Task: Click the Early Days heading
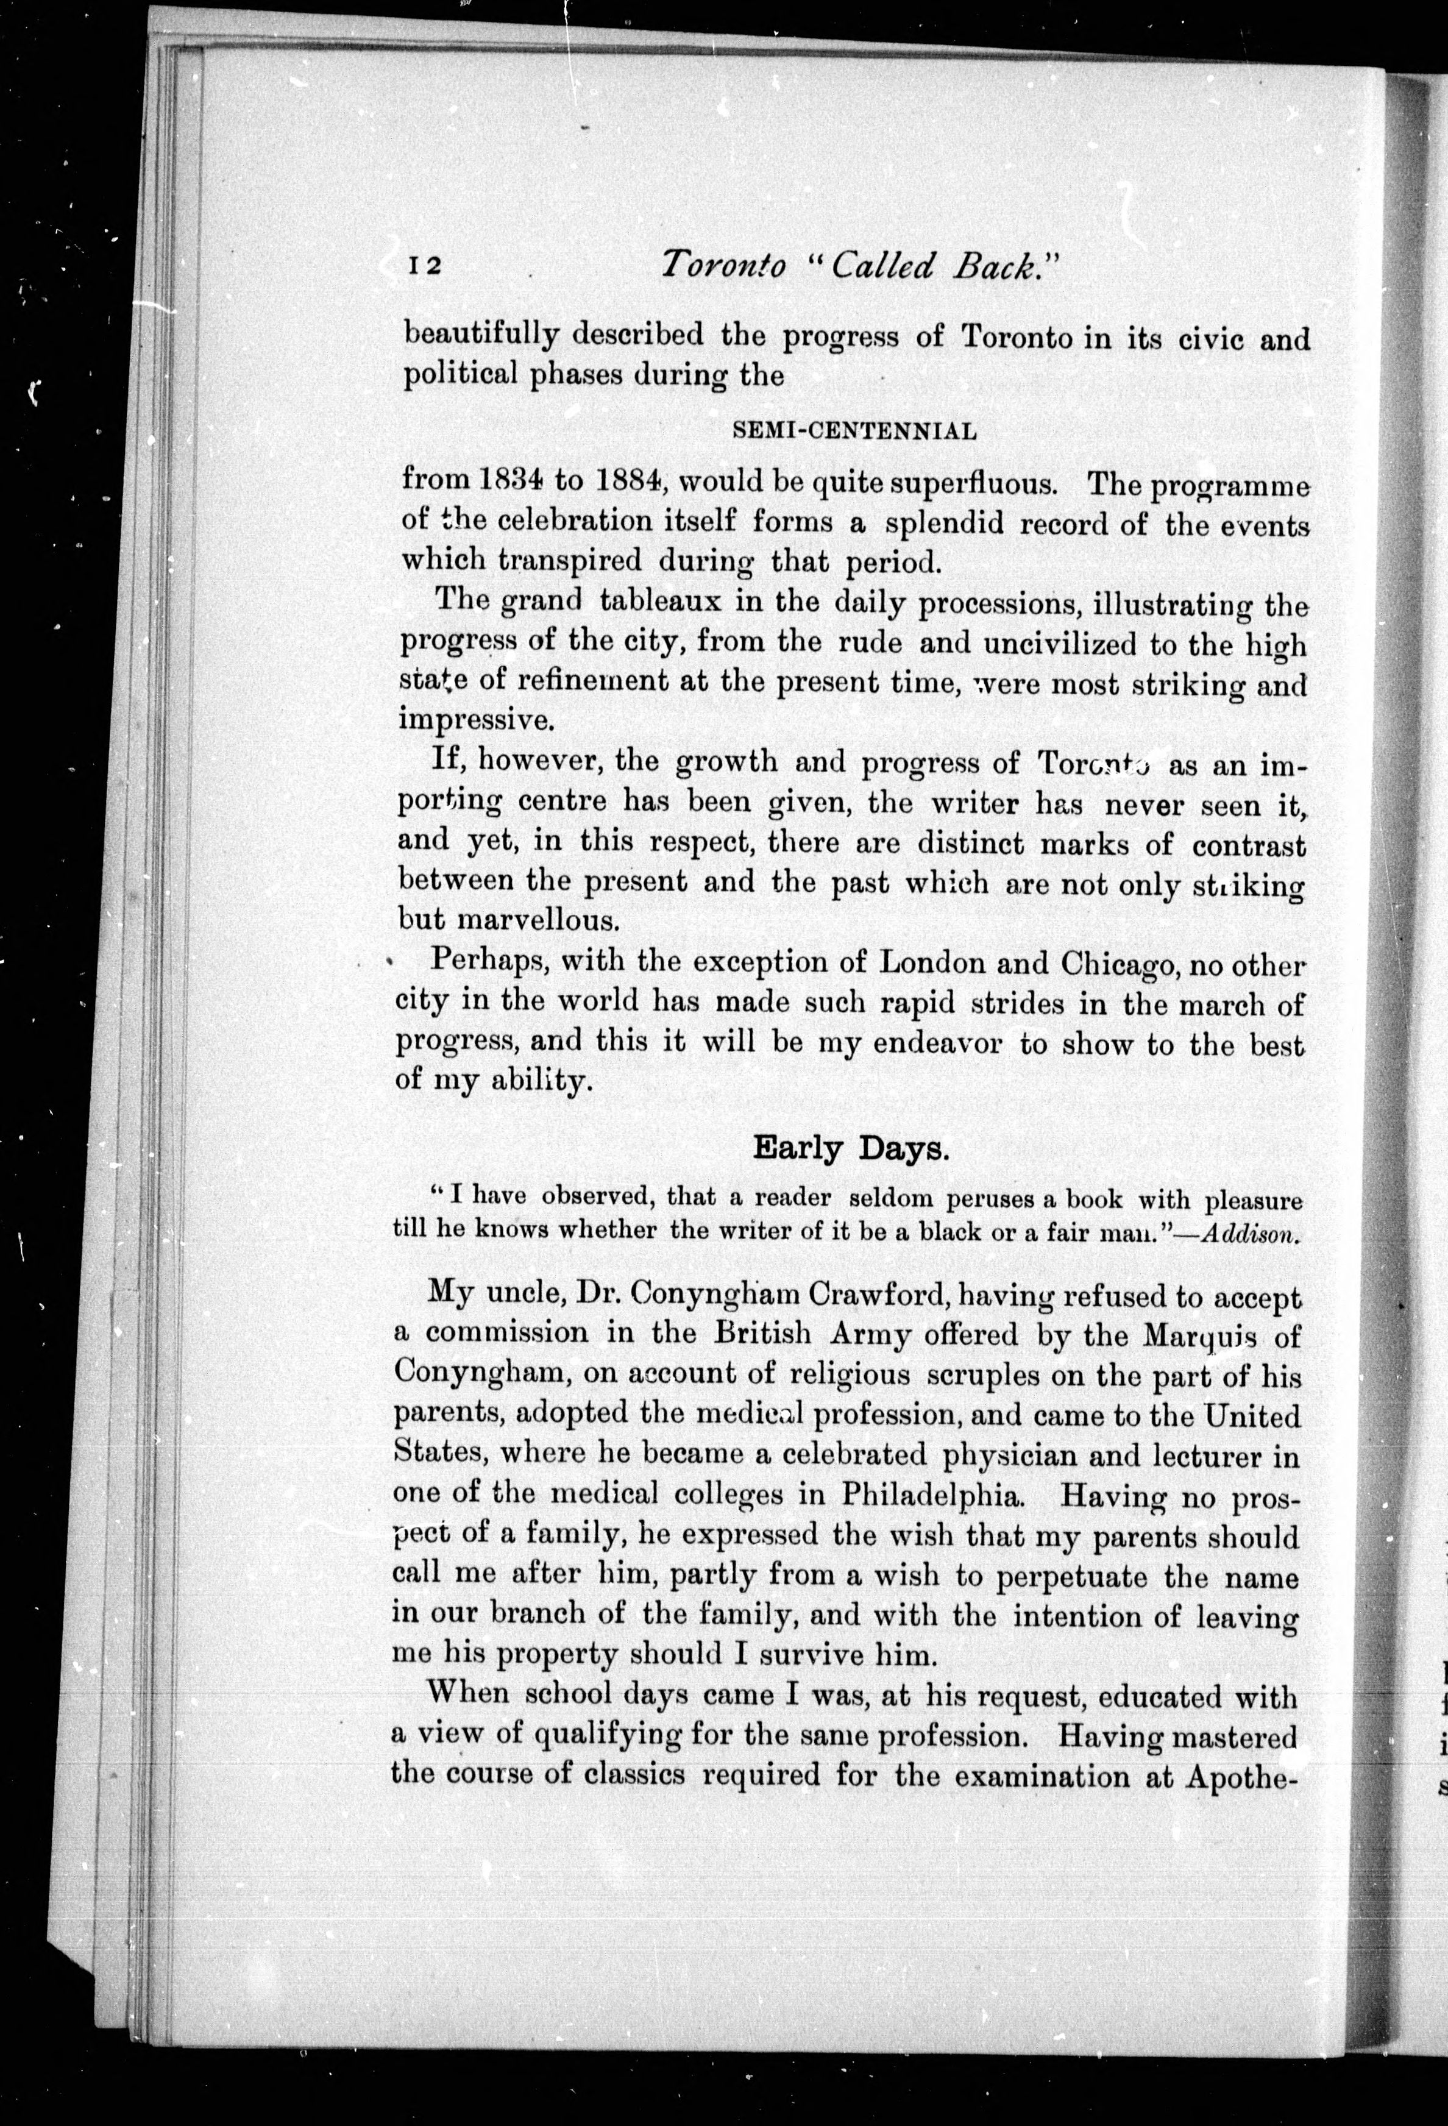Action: pyautogui.click(x=851, y=1148)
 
